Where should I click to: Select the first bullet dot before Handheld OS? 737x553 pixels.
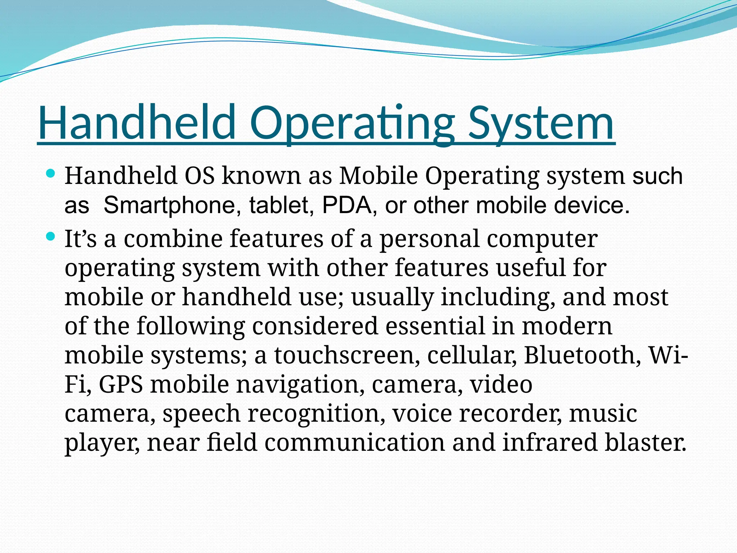[51, 174]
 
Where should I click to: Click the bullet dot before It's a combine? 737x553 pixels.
[51, 237]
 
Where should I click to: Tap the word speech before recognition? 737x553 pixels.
[201, 413]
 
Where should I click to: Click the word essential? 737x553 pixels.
[435, 326]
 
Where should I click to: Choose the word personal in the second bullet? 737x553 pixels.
[429, 239]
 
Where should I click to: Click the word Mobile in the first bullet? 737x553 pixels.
[379, 176]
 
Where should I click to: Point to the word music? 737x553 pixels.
[603, 413]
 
